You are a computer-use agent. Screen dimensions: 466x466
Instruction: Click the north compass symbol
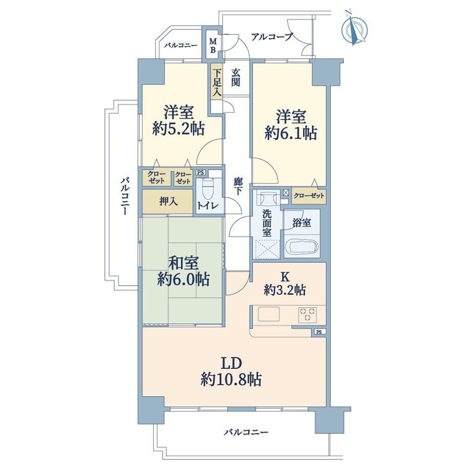tap(355, 28)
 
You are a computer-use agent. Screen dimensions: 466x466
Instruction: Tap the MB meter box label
tap(213, 45)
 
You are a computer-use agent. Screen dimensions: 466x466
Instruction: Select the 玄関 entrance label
tap(236, 77)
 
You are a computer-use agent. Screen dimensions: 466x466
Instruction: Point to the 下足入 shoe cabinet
tap(217, 81)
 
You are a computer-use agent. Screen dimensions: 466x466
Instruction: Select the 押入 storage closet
tap(168, 201)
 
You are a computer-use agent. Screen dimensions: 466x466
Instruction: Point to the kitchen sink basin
tap(268, 314)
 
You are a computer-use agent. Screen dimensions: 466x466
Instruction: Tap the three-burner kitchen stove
tap(307, 315)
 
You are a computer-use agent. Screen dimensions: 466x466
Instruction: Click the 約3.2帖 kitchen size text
tap(285, 290)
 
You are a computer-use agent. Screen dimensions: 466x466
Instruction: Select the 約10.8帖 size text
tap(231, 379)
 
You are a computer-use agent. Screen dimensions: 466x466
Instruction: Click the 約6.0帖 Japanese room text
tap(183, 280)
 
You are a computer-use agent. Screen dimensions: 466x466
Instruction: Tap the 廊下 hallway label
tap(237, 186)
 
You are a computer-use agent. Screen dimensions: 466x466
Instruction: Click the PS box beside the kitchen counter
tap(319, 332)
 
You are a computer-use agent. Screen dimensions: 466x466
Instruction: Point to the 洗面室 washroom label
tap(267, 223)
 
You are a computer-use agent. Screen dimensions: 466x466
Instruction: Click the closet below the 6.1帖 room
tap(309, 196)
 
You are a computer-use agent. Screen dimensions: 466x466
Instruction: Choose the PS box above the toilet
tap(201, 172)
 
